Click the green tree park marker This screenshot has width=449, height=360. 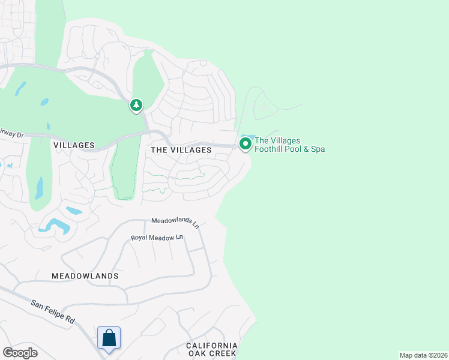point(137,106)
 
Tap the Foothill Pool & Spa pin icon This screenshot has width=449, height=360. point(245,144)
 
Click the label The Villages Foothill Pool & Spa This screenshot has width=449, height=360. point(289,145)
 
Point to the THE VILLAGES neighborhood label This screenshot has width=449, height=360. point(181,149)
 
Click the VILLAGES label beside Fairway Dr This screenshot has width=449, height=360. point(74,145)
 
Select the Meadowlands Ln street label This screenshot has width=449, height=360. point(175,222)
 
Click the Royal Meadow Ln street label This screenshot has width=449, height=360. point(157,238)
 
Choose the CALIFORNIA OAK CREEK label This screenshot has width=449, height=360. point(212,350)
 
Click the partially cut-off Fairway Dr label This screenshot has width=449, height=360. point(11,133)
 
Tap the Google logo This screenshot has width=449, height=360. point(20,352)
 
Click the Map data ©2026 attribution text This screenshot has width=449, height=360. point(423,355)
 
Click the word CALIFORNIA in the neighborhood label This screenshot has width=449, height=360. point(212,346)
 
